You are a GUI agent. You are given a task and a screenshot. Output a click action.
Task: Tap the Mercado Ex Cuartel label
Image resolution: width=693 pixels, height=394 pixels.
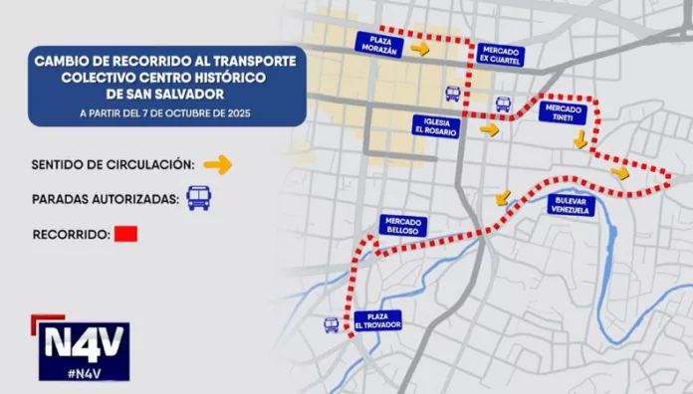[x=499, y=55]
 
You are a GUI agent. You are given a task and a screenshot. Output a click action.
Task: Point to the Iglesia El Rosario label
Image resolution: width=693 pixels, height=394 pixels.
[x=435, y=125]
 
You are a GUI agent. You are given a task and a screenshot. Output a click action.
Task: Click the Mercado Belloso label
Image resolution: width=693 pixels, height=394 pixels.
[x=402, y=226]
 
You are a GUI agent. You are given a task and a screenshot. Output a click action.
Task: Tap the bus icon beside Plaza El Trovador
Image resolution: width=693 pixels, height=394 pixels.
[x=332, y=325]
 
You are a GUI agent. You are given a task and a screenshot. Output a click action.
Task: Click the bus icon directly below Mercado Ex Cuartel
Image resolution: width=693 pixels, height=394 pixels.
[x=503, y=103]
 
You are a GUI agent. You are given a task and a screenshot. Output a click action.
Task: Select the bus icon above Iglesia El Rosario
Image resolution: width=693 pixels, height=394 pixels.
[x=453, y=94]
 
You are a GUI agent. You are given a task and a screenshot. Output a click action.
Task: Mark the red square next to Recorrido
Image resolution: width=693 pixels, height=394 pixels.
[x=126, y=236]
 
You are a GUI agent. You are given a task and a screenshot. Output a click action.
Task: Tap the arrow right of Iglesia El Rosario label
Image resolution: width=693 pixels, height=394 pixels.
[x=489, y=129]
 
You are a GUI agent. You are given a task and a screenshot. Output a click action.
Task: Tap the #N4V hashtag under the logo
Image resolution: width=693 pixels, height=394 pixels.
[x=85, y=370]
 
